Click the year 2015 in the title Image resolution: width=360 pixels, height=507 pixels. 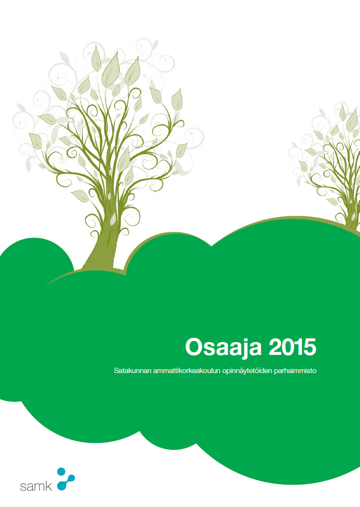tap(293, 347)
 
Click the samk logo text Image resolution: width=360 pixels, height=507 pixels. tap(36, 486)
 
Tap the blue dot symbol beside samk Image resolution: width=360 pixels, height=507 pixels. tap(66, 479)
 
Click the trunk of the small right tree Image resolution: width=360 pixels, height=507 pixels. tap(352, 220)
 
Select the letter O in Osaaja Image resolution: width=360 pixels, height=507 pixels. tap(194, 347)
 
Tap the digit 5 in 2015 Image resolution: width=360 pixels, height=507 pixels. tap(310, 347)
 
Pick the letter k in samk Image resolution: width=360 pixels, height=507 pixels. tap(48, 486)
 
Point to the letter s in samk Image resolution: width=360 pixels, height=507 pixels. tap(23, 487)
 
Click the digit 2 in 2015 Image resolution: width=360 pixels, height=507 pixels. tap(275, 347)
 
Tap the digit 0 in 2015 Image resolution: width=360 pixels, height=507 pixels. tap(288, 347)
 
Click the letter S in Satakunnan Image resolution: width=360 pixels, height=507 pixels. tap(116, 370)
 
